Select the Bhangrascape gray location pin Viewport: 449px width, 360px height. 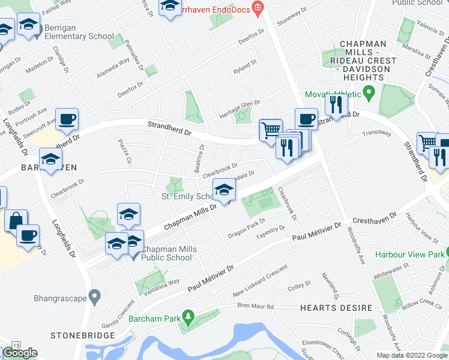click(x=94, y=296)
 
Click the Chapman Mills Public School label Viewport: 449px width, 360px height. click(x=167, y=253)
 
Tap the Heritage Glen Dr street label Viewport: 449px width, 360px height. click(x=239, y=103)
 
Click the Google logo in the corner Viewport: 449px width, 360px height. click(x=20, y=353)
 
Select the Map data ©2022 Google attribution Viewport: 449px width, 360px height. click(x=411, y=355)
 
